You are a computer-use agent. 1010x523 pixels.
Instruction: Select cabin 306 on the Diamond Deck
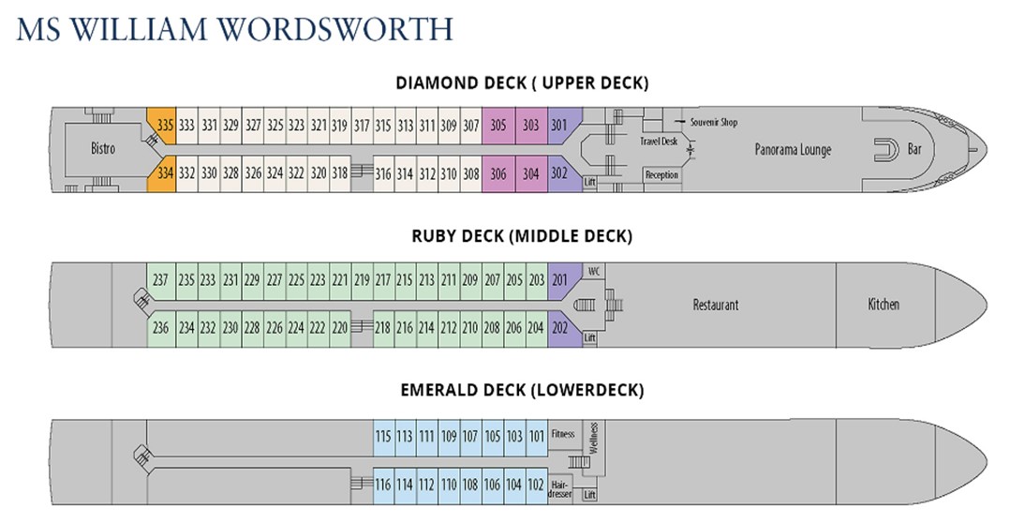coord(498,173)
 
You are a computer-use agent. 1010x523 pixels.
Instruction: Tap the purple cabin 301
coord(562,125)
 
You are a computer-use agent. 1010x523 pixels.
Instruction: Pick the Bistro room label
coord(103,148)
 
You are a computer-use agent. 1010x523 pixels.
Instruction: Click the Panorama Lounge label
coord(793,149)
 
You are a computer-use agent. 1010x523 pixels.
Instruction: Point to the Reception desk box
coord(662,174)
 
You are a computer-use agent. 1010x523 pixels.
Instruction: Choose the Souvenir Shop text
coord(714,122)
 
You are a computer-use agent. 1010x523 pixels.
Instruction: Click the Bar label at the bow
coord(914,149)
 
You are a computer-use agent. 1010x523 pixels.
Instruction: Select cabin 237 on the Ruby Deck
coord(161,280)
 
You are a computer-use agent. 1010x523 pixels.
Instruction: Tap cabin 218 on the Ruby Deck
coord(382,328)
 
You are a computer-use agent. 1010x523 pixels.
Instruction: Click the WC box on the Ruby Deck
coord(594,271)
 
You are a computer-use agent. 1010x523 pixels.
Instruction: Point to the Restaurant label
coord(716,304)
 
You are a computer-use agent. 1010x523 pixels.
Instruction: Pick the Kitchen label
coord(884,304)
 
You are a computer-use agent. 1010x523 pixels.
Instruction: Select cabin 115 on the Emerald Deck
coord(383,437)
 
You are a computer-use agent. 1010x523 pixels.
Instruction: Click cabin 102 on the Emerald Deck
coord(536,485)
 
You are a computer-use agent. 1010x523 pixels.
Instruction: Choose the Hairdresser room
coord(560,487)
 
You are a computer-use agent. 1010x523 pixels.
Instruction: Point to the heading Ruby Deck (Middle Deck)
coord(522,236)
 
